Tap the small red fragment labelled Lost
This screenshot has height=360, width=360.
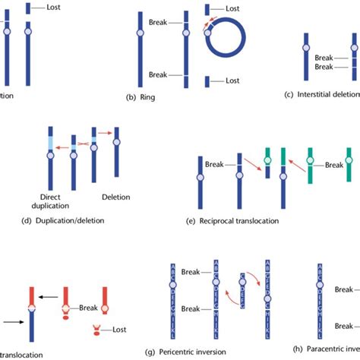(97, 330)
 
